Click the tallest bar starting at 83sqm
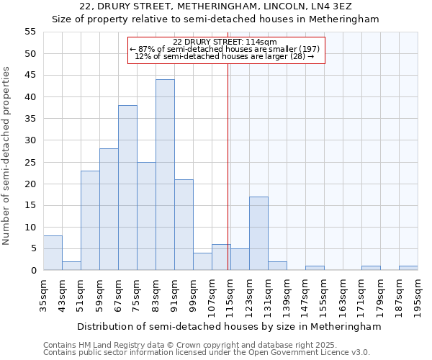(x=165, y=175)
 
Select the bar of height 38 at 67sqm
(x=127, y=188)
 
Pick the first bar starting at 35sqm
(x=53, y=253)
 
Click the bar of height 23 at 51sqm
(x=90, y=220)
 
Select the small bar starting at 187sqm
(x=408, y=268)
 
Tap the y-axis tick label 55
(x=30, y=32)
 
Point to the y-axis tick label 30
(x=30, y=140)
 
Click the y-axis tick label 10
(x=30, y=227)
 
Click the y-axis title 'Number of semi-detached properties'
(x=7, y=156)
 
